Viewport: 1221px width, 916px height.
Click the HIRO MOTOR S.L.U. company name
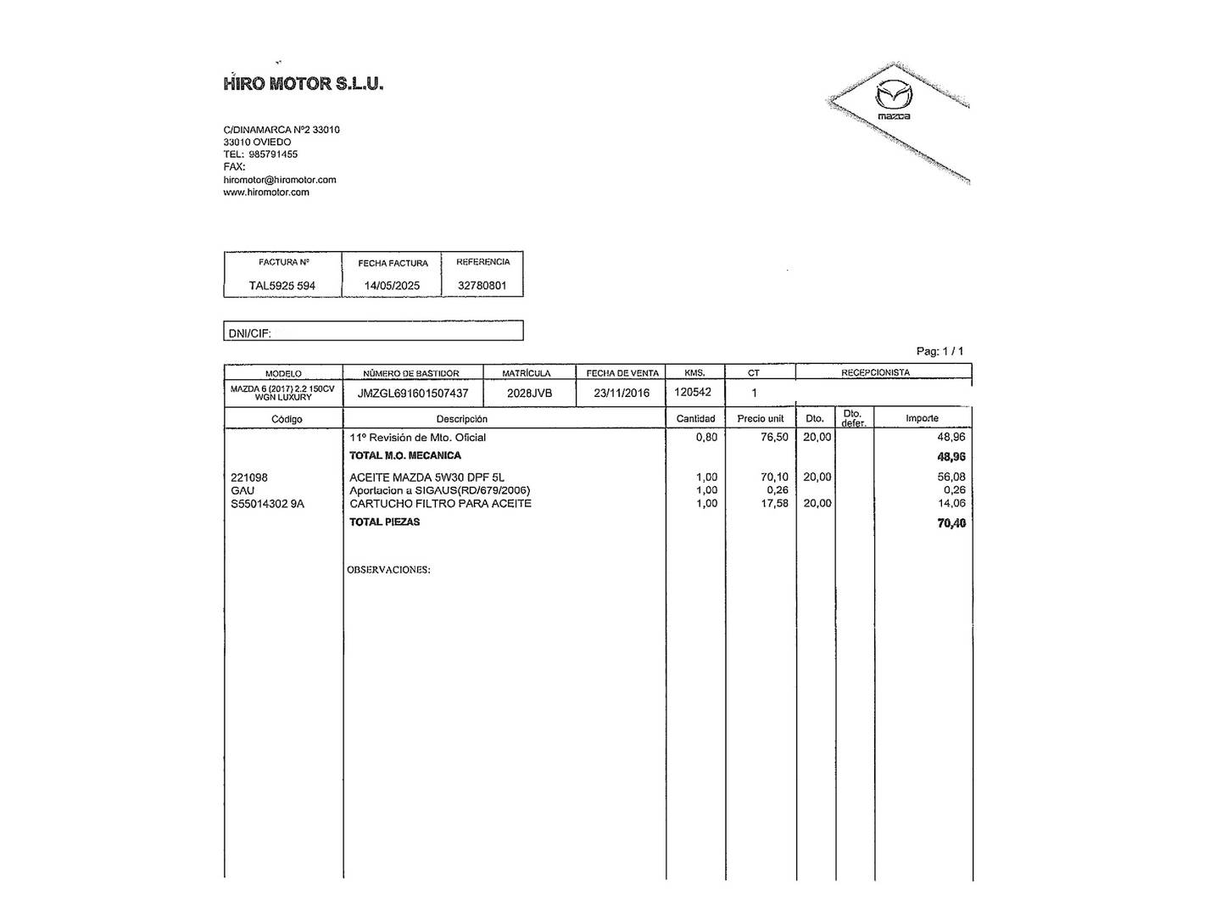coord(304,83)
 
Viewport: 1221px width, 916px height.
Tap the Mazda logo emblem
coord(893,96)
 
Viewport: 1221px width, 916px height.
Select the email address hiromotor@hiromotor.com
coord(280,180)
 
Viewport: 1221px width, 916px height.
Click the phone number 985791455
coord(273,154)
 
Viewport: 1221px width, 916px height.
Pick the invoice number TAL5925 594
coord(282,286)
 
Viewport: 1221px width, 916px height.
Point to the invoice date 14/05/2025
coord(392,286)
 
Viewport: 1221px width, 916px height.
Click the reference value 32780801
coord(482,286)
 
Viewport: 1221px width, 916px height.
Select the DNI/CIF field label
coord(250,333)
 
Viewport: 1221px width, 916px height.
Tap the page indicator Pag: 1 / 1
coord(939,351)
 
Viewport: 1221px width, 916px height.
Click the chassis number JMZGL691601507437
coord(413,394)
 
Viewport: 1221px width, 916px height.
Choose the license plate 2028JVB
coord(529,394)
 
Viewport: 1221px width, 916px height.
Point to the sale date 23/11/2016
coord(622,394)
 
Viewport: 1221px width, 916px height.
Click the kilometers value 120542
coord(693,393)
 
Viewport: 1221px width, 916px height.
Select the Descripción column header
coord(462,419)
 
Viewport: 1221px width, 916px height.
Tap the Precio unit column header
coord(761,419)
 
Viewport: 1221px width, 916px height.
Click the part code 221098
coord(249,478)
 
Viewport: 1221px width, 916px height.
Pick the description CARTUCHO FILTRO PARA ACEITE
coord(440,504)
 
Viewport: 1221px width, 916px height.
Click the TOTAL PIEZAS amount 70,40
coord(951,523)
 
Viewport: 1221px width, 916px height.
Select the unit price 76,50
coord(774,438)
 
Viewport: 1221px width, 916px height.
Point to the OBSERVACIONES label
coord(388,570)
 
